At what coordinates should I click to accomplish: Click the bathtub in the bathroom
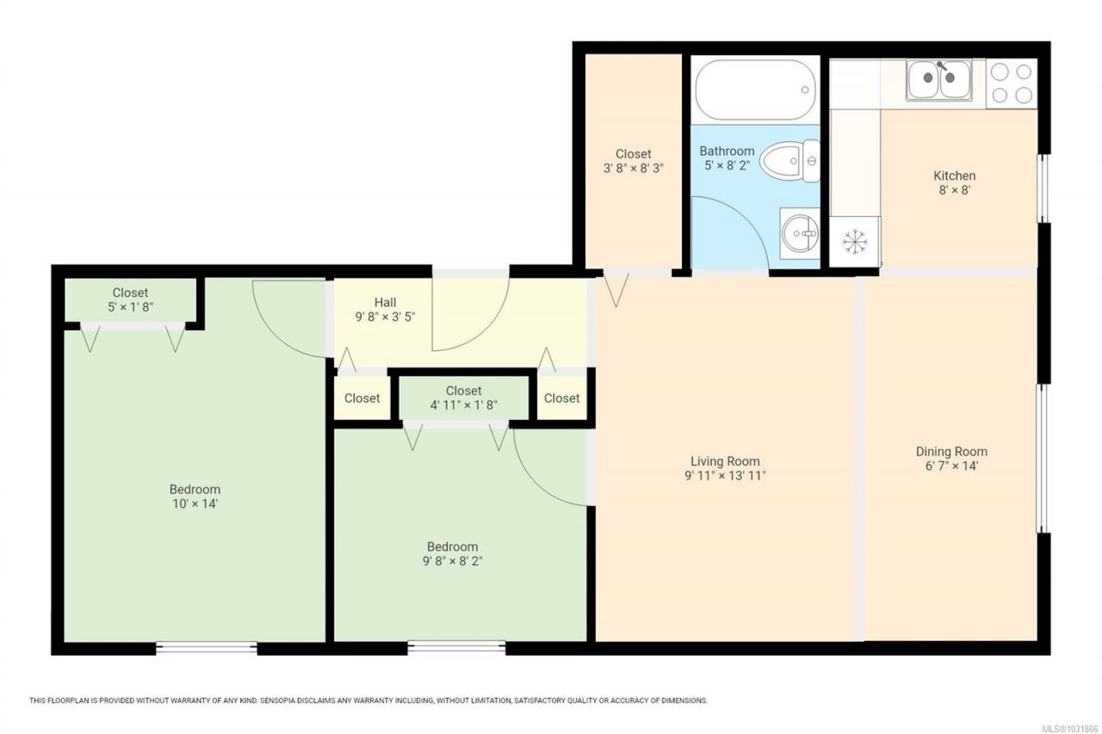coord(755,90)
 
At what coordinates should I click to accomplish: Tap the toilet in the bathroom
coord(790,160)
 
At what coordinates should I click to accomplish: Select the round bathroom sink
coord(800,233)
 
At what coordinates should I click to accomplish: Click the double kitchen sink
coord(939,80)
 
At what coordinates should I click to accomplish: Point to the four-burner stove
coord(1012,83)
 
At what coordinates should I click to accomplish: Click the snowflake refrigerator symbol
coord(855,242)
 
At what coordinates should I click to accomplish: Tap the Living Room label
coord(725,461)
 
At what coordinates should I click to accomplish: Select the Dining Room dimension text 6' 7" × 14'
coord(951,466)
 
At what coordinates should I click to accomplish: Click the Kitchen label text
coord(955,176)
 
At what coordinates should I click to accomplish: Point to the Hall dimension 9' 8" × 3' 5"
coord(385,317)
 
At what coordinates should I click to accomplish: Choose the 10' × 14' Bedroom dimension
coord(195,504)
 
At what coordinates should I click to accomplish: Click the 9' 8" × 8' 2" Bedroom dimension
coord(452,561)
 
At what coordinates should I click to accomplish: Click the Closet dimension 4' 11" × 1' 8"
coord(463,405)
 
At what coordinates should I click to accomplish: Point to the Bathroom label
coord(727,151)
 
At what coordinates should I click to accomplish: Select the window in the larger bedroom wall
coord(207,648)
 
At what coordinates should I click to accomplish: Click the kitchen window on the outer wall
coord(1043,188)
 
